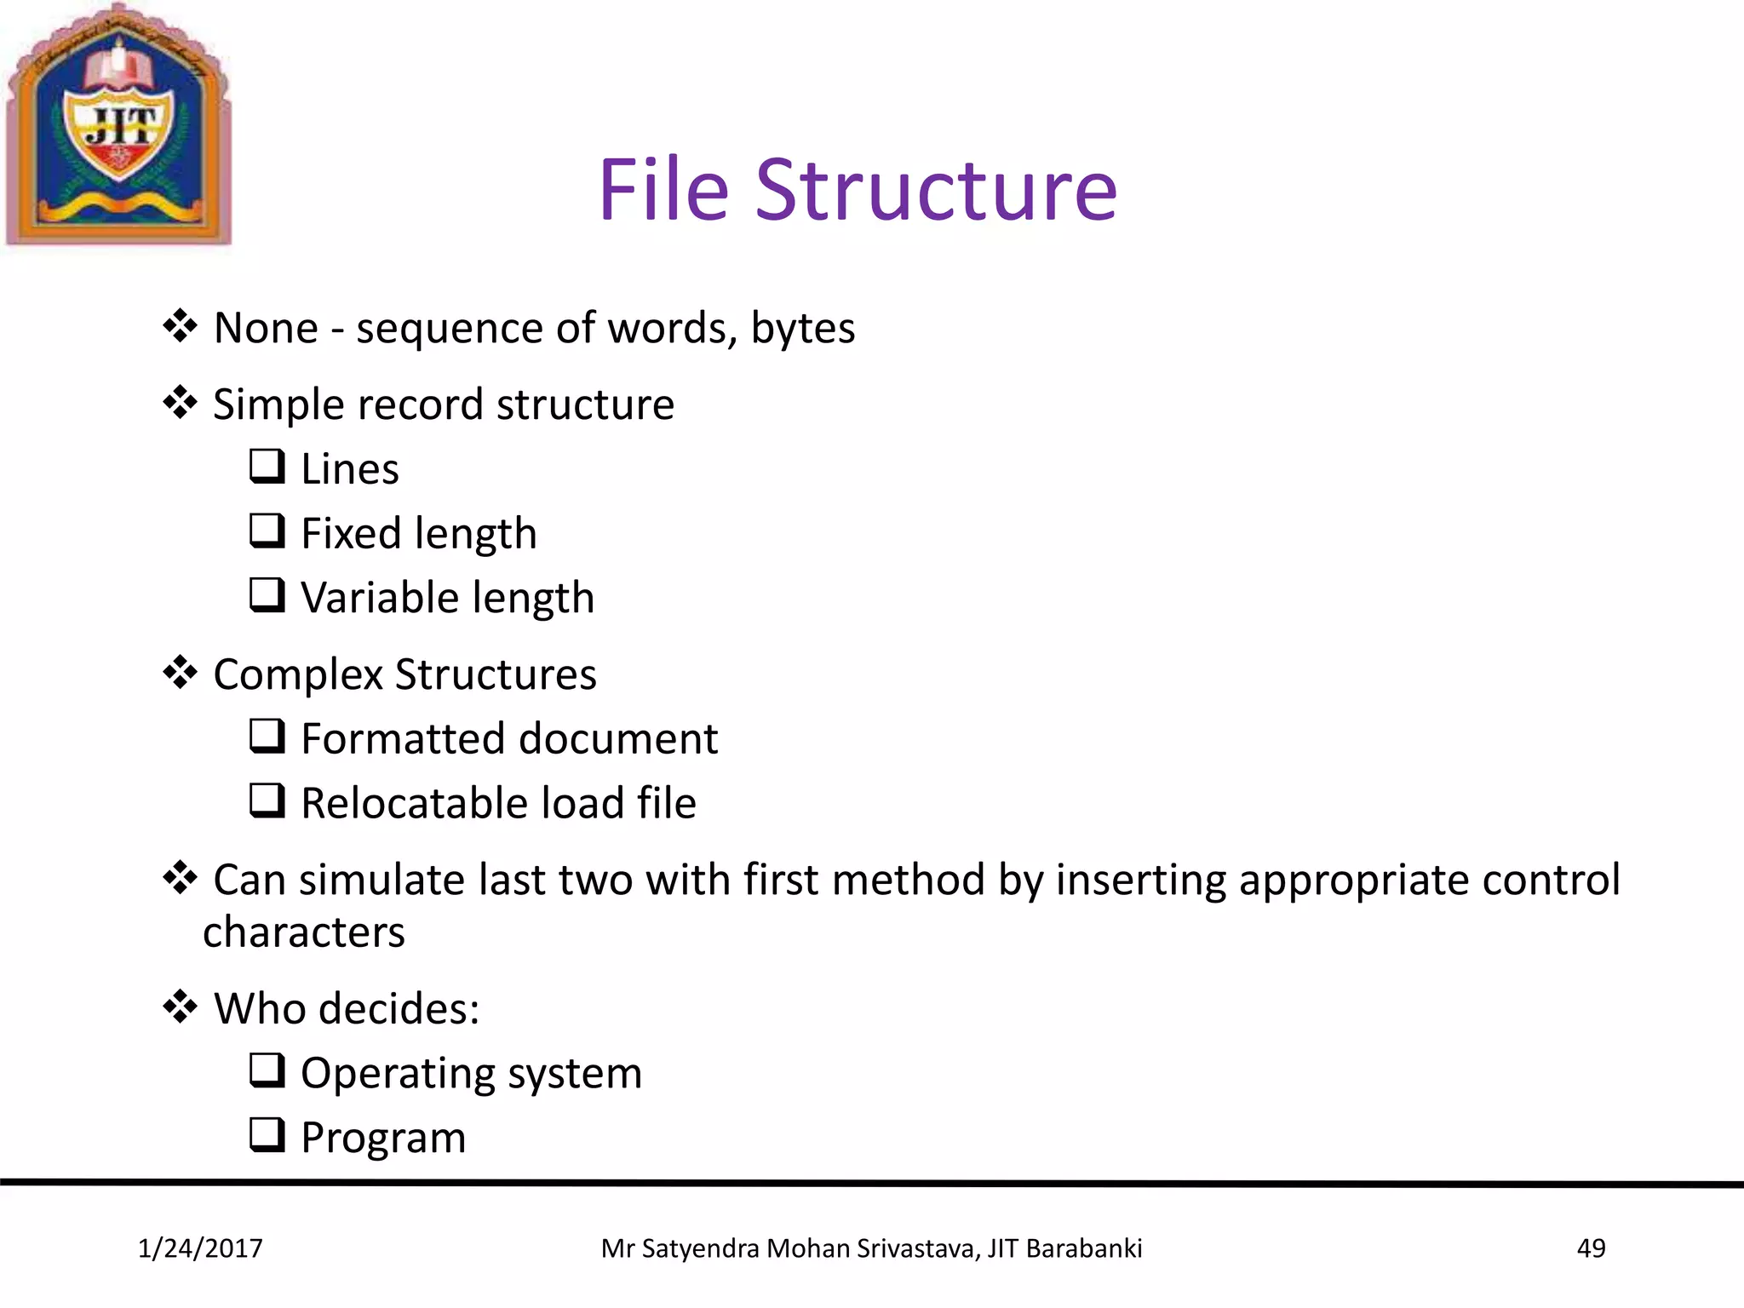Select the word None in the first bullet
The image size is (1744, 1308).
coord(266,328)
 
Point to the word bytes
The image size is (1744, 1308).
coord(802,330)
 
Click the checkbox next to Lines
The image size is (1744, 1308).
coord(267,466)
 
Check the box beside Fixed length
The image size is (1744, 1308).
coord(267,531)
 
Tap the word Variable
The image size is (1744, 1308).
coord(379,597)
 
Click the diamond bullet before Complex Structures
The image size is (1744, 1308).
coord(180,672)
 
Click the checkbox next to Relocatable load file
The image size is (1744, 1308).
coord(267,800)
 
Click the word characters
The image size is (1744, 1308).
coord(304,932)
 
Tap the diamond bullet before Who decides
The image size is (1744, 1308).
coord(180,1007)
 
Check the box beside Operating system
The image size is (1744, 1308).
coord(267,1070)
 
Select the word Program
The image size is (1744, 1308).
coord(383,1139)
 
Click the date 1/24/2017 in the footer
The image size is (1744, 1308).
coord(200,1248)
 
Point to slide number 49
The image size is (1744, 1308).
coord(1591,1248)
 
